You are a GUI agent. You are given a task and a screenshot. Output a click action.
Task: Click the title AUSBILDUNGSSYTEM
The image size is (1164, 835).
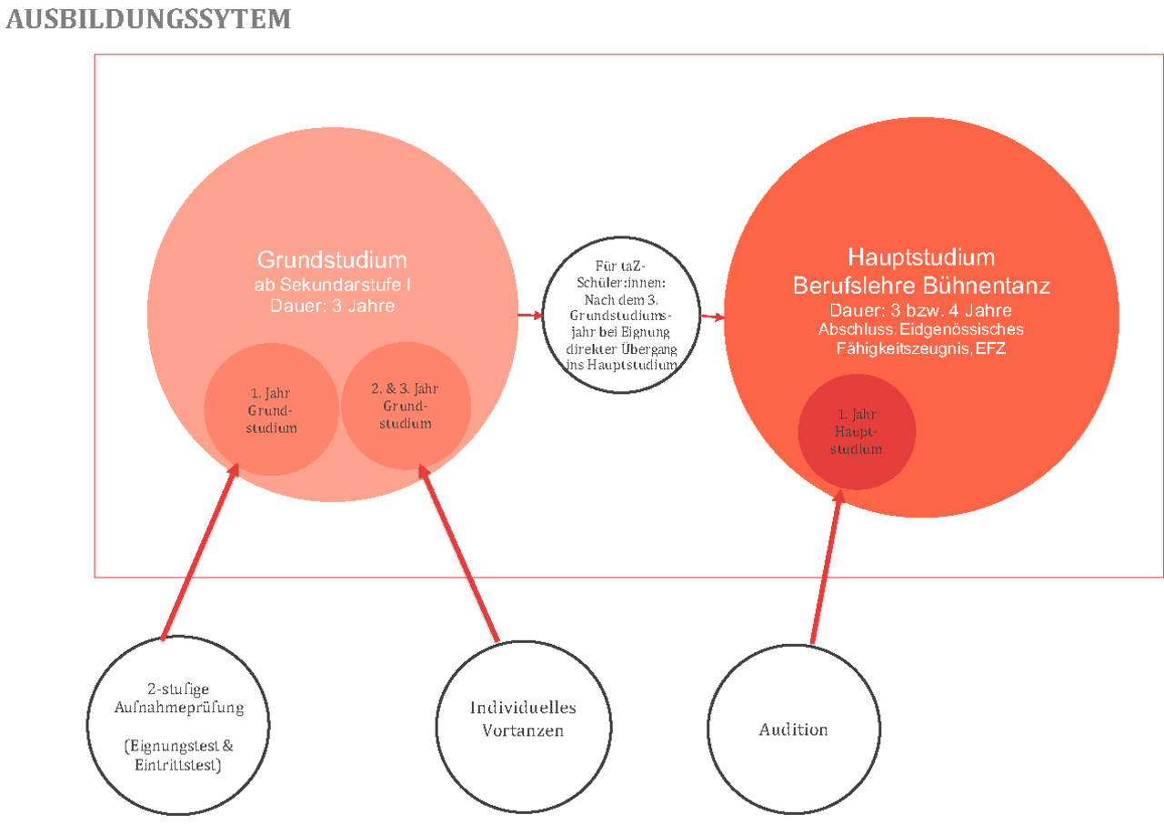148,19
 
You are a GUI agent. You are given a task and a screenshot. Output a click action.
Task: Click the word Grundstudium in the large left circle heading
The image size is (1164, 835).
331,258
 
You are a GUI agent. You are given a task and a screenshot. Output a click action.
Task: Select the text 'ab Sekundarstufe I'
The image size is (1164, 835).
331,285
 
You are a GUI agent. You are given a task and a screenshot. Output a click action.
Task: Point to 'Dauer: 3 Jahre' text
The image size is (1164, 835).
331,306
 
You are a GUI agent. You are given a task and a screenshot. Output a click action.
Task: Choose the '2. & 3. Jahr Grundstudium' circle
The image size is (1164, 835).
405,406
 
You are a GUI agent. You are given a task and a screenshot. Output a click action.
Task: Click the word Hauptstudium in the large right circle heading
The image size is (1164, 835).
921,257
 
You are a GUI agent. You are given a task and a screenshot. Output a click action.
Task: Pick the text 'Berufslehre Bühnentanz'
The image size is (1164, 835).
921,286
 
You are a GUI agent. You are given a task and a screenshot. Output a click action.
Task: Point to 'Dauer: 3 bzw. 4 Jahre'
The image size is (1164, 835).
921,311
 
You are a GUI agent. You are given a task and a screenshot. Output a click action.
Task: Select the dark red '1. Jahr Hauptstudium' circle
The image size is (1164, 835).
856,432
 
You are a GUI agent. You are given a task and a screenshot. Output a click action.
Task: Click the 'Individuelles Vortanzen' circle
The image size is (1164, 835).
522,719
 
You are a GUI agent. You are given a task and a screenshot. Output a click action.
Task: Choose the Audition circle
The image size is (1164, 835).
793,729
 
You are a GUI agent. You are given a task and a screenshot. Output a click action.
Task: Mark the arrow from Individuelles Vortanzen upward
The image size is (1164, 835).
460,555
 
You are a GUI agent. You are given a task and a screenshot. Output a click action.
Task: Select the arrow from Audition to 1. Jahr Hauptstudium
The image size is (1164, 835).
826,568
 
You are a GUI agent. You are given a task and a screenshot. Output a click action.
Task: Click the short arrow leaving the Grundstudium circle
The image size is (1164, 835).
527,316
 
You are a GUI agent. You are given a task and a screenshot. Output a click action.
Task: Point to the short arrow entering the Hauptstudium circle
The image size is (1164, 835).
713,317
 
